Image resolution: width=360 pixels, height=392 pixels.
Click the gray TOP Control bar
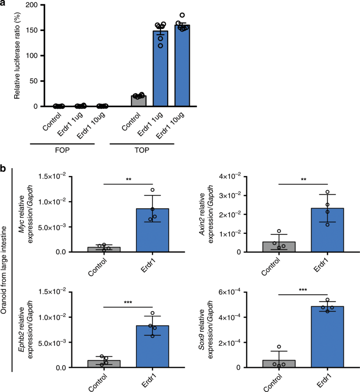(139, 101)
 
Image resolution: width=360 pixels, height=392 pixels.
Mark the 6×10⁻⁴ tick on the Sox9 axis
(246, 292)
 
